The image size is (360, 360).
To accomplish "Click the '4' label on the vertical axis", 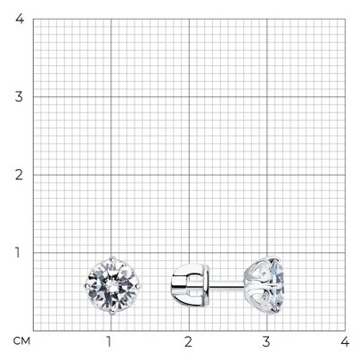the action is (x=20, y=19).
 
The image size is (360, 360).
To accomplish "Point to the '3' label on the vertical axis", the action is (x=19, y=97).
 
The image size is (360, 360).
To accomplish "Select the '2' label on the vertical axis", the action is (x=19, y=175).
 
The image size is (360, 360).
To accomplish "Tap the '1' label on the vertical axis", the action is (x=18, y=253).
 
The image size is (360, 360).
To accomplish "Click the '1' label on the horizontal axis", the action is (x=109, y=342).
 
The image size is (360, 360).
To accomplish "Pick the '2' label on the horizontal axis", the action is (x=188, y=342).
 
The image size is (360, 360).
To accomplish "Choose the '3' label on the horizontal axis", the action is (x=266, y=342).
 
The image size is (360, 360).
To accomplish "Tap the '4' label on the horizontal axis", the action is (x=345, y=342).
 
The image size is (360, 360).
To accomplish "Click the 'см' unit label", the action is (x=21, y=341).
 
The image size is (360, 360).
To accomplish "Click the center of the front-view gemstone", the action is (x=111, y=285).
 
